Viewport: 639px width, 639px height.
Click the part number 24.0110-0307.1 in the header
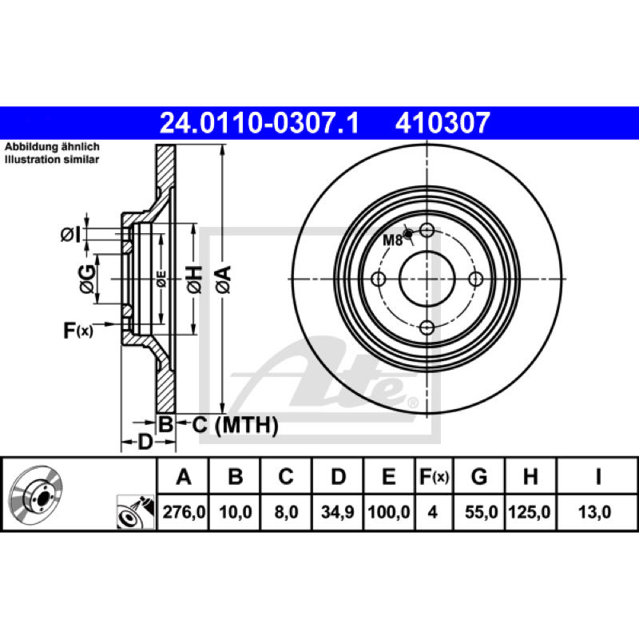(x=260, y=123)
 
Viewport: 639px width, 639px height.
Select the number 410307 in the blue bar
(x=443, y=123)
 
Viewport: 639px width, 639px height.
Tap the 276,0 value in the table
(x=184, y=512)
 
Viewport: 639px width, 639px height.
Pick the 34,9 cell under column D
(x=338, y=512)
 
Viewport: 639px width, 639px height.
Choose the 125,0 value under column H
(x=530, y=512)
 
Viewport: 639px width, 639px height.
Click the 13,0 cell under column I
(x=594, y=512)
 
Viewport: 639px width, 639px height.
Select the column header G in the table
(x=479, y=476)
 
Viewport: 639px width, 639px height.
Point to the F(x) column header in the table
(x=434, y=476)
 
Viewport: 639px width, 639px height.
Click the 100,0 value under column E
(x=389, y=512)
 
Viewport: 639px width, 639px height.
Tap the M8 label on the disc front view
(x=392, y=240)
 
